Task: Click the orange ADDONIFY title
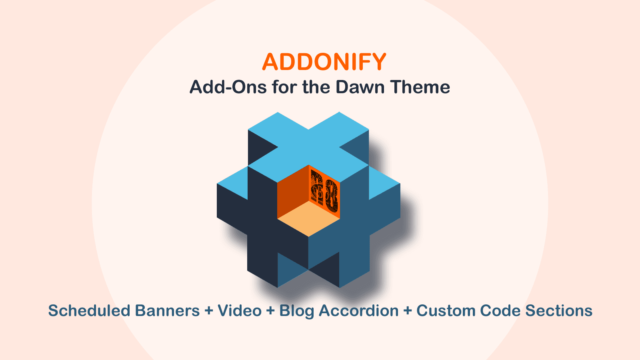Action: pos(324,62)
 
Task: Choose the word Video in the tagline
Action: pos(240,311)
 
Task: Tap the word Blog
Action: pos(296,311)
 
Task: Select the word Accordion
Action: pos(359,311)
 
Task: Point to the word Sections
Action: pos(559,311)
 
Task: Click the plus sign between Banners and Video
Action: pos(209,311)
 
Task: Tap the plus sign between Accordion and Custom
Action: pos(408,311)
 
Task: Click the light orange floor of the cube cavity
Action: pos(308,218)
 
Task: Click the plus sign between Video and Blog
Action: pos(270,311)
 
